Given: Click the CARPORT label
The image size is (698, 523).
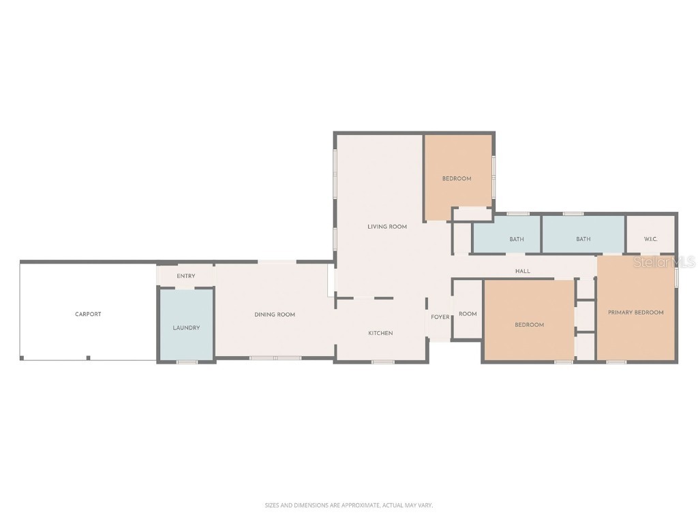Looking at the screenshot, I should click(x=88, y=314).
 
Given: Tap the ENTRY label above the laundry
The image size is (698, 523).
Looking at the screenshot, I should click(x=186, y=276).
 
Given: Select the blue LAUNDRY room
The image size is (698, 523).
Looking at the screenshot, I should click(x=186, y=328).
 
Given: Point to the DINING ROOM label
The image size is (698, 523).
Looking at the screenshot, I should click(x=275, y=315).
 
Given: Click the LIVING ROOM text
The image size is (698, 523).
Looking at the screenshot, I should click(x=387, y=227).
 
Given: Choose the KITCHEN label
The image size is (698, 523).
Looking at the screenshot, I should click(x=380, y=333).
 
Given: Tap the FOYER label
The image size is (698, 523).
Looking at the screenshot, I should click(x=440, y=317).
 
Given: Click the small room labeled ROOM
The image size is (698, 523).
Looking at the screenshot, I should click(x=468, y=314).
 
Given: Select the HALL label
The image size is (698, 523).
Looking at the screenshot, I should click(x=523, y=271).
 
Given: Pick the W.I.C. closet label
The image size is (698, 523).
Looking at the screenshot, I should click(x=651, y=239).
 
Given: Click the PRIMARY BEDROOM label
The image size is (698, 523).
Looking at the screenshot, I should click(x=636, y=313).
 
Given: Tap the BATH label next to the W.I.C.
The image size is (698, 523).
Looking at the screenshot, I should click(x=583, y=239).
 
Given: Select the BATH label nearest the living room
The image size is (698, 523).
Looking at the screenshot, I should click(x=517, y=239).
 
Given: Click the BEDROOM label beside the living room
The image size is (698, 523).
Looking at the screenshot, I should click(x=457, y=178).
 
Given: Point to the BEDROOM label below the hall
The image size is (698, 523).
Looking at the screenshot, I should click(x=529, y=325).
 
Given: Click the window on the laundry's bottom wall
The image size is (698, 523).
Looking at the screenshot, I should click(x=187, y=362).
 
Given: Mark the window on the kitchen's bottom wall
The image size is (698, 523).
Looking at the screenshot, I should click(x=382, y=362).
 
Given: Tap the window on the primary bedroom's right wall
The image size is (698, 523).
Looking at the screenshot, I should click(x=676, y=277).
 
